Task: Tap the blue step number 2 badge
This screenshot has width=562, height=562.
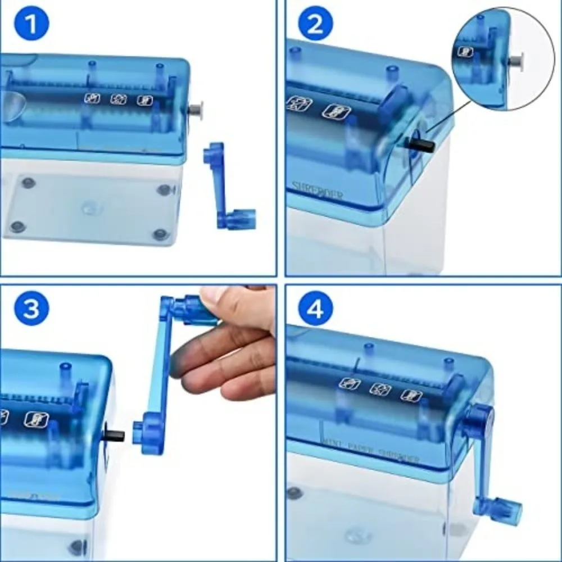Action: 316,25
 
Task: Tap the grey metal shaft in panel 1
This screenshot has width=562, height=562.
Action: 196,110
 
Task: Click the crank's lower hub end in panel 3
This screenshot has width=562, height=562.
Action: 144,433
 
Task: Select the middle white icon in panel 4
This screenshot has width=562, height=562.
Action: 380,389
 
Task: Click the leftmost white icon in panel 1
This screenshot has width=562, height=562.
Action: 92,98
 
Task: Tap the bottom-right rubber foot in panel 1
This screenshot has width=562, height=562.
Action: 161,233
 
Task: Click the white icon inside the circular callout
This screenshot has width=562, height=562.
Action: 465,52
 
